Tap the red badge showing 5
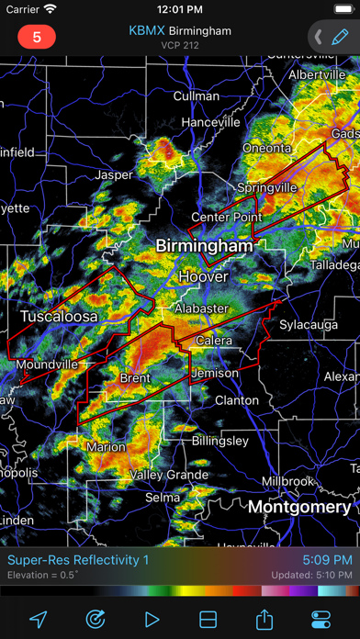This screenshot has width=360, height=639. [37, 38]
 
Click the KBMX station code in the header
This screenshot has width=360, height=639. [147, 30]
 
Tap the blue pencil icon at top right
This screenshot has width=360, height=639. [341, 38]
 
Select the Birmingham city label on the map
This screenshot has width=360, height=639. [204, 246]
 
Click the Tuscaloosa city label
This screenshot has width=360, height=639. [59, 316]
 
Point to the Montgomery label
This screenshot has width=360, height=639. [299, 507]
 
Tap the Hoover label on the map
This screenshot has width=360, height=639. [203, 276]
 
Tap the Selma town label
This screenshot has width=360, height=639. [163, 497]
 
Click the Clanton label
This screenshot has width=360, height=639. [236, 400]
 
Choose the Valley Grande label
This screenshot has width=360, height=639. [168, 475]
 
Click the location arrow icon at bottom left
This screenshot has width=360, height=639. [38, 617]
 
